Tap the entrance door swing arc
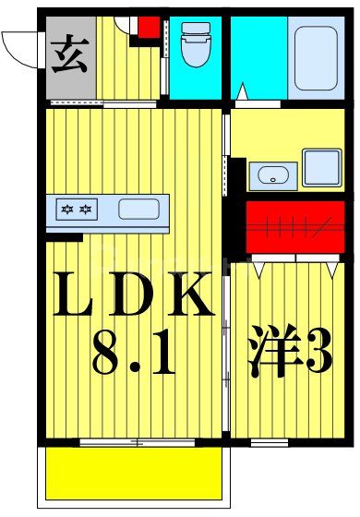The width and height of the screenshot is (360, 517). coord(20,43)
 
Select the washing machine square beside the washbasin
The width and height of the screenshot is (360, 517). coord(322,168)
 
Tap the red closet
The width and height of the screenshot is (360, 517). coord(295,226)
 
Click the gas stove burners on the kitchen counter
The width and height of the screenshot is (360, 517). coord(77,210)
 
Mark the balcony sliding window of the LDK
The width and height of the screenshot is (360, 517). coord(138,442)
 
